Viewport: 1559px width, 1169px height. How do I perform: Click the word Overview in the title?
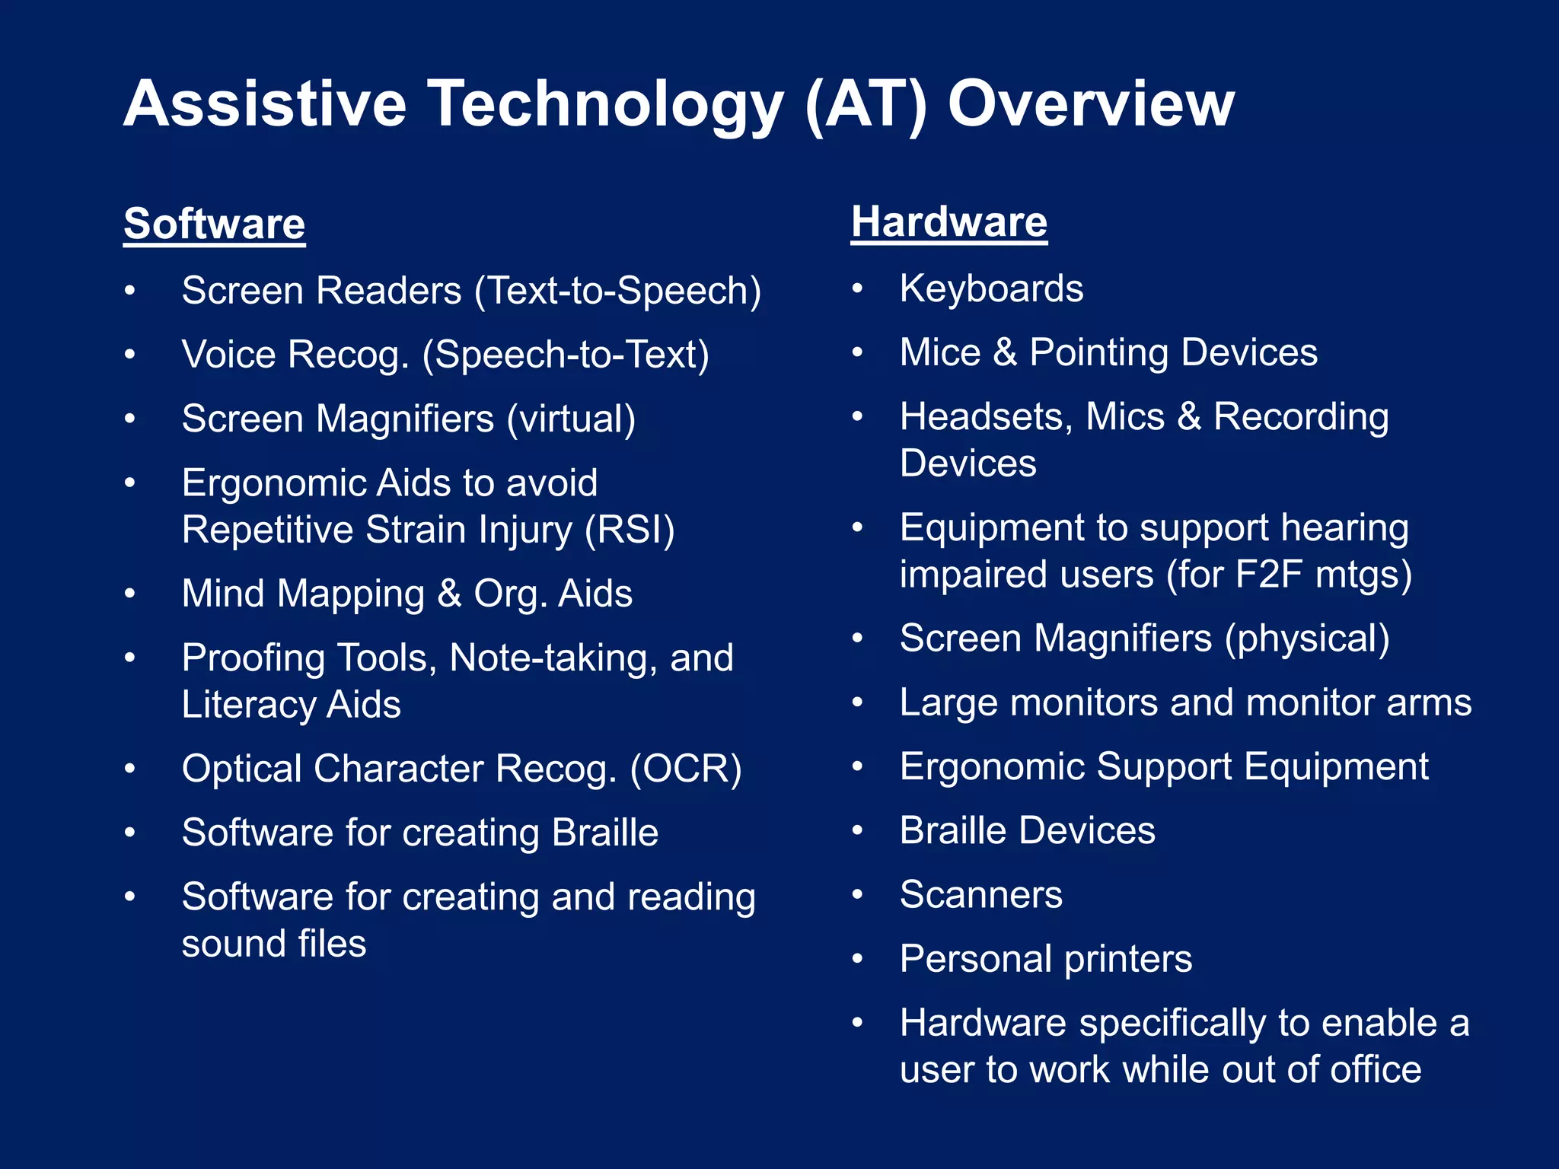pyautogui.click(x=1090, y=104)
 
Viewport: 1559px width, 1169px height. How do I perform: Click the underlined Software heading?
pyautogui.click(x=214, y=225)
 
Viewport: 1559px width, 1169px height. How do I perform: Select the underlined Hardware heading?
pyautogui.click(x=948, y=222)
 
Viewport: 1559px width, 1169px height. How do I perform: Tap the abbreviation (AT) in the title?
pyautogui.click(x=866, y=104)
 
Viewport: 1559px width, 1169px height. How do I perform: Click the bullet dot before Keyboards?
pyautogui.click(x=858, y=289)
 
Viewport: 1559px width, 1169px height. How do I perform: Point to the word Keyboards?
pyautogui.click(x=991, y=289)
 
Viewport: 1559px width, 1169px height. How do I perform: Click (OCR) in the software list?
pyautogui.click(x=685, y=769)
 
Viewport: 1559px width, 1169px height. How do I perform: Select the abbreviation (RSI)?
pyautogui.click(x=630, y=530)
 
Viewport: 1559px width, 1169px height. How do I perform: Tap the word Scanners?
pyautogui.click(x=980, y=895)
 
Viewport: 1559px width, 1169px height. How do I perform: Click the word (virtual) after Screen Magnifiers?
pyautogui.click(x=571, y=419)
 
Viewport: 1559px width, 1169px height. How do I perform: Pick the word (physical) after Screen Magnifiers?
pyautogui.click(x=1306, y=639)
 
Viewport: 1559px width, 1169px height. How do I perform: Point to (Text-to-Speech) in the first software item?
pyautogui.click(x=617, y=291)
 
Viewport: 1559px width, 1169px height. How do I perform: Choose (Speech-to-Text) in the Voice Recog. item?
pyautogui.click(x=566, y=355)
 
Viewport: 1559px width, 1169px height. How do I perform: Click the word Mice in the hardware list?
pyautogui.click(x=940, y=353)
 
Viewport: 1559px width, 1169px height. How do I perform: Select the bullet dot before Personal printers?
pyautogui.click(x=858, y=959)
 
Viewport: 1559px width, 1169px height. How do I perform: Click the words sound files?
pyautogui.click(x=274, y=944)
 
